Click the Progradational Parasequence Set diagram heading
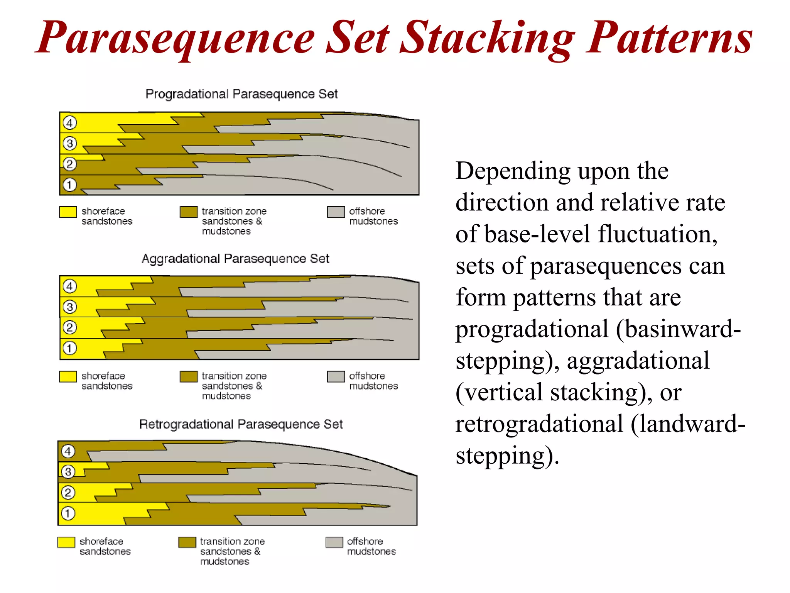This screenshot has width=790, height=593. click(x=241, y=94)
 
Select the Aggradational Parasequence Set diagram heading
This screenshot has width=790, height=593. click(x=235, y=259)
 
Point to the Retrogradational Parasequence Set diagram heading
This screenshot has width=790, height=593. click(x=241, y=424)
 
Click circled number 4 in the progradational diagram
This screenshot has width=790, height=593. click(x=70, y=123)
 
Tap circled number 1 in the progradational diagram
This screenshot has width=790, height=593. click(x=70, y=185)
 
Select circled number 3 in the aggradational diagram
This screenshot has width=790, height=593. click(x=70, y=307)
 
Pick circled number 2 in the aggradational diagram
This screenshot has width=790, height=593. click(x=70, y=328)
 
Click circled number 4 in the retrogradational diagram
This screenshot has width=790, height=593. click(x=68, y=451)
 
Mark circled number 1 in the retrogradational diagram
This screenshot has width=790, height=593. click(x=68, y=513)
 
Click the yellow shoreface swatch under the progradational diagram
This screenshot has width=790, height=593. click(x=68, y=212)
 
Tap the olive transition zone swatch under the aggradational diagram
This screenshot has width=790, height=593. click(x=189, y=376)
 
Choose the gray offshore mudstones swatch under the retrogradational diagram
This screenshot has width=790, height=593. click(x=334, y=542)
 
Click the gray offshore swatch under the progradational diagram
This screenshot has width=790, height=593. click(x=336, y=212)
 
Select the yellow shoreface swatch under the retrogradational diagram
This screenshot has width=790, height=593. click(x=66, y=542)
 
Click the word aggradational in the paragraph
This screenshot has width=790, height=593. click(x=638, y=361)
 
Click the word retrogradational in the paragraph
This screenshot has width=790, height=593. click(x=539, y=424)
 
